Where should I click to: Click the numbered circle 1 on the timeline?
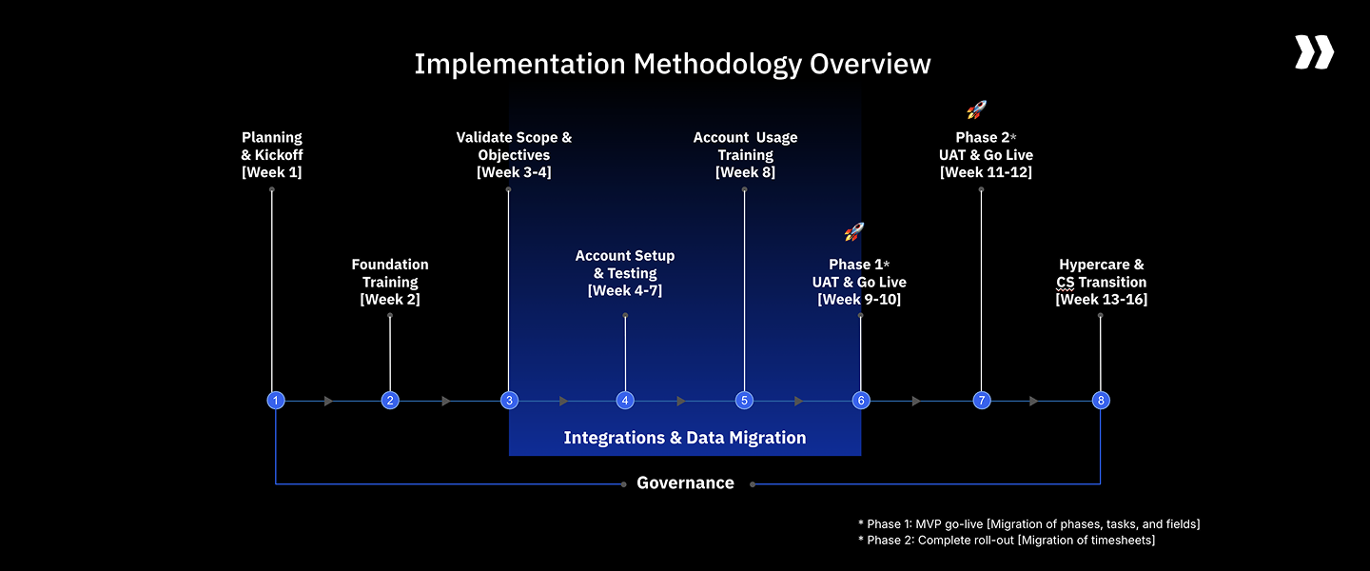(x=276, y=401)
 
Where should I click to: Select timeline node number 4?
(x=625, y=401)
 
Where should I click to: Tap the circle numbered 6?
(x=861, y=401)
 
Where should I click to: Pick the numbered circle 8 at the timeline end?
(x=1101, y=401)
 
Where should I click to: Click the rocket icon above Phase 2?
(x=976, y=109)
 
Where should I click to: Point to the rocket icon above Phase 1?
(x=853, y=231)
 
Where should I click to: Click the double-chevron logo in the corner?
(x=1314, y=52)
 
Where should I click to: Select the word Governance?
(x=685, y=483)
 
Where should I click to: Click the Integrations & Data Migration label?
(x=685, y=438)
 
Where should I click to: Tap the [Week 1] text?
(x=272, y=172)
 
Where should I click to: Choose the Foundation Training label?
(x=390, y=273)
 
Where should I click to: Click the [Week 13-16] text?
(x=1101, y=299)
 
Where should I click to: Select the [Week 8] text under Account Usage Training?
(x=745, y=172)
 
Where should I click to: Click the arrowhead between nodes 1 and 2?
(x=328, y=401)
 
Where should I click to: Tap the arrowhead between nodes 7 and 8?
(x=1034, y=401)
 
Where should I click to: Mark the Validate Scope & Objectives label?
(x=514, y=146)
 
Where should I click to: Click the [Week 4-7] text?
(x=625, y=290)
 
